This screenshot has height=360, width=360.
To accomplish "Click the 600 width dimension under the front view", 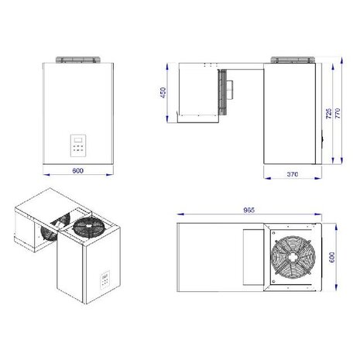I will pos(77,170).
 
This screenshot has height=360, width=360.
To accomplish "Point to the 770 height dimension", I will pos(342,114).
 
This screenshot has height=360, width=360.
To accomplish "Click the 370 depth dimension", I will pos(293,175).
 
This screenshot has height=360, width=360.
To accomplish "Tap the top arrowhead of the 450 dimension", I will pos(170,64).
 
